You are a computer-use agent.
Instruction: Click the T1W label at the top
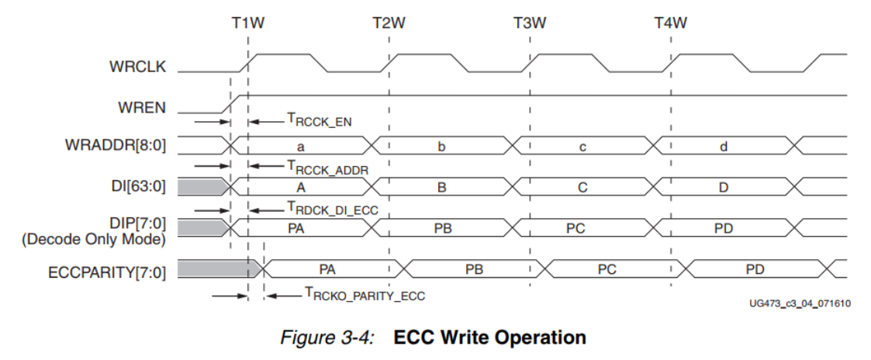[x=247, y=22]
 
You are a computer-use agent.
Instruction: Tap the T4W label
[x=671, y=22]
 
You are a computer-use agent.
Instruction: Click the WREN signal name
[x=143, y=107]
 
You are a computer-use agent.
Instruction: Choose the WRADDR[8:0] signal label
[x=123, y=146]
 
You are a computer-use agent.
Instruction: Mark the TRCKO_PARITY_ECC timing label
[x=365, y=295]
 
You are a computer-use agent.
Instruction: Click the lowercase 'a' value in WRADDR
[x=300, y=146]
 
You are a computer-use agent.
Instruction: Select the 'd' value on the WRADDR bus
[x=723, y=146]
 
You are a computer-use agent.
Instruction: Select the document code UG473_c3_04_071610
[x=799, y=303]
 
